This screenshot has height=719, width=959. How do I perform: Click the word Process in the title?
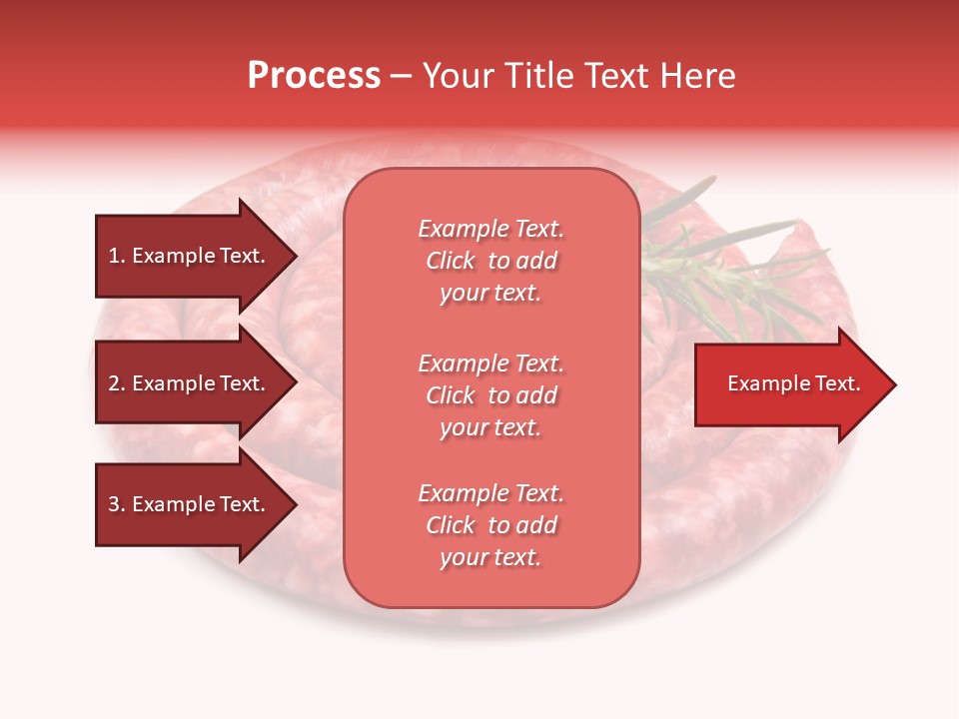click(314, 76)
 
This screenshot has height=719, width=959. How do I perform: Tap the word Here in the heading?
click(697, 76)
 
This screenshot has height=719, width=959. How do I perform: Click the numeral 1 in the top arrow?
click(114, 256)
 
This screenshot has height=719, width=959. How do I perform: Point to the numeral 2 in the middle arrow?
click(114, 383)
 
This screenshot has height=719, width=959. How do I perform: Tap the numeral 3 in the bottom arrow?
click(114, 504)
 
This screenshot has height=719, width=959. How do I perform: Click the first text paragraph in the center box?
click(490, 261)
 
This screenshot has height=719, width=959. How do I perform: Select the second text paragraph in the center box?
click(490, 395)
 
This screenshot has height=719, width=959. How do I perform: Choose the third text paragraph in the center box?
click(490, 525)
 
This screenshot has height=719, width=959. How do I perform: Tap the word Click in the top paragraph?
click(451, 261)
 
